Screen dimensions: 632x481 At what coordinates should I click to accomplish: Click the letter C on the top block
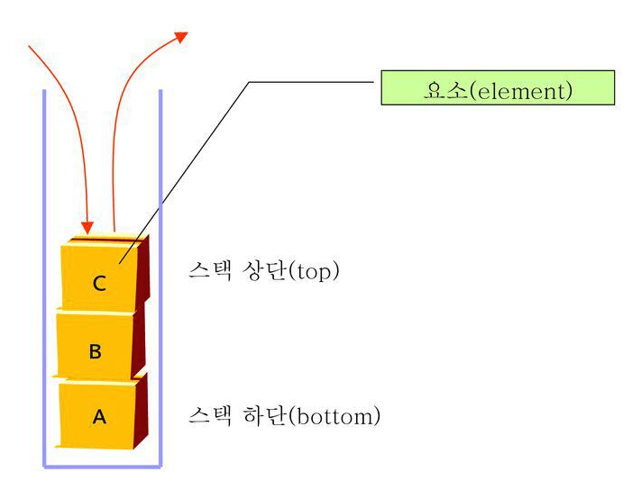pyautogui.click(x=99, y=284)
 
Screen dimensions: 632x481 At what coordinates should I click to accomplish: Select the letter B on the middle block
pyautogui.click(x=95, y=351)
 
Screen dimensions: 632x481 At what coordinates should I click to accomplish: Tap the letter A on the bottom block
pyautogui.click(x=99, y=417)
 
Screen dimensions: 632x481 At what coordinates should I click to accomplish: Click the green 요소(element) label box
pyautogui.click(x=498, y=89)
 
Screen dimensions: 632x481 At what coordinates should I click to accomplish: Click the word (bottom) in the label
pyautogui.click(x=336, y=417)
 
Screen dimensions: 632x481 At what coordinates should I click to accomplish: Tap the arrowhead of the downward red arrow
pyautogui.click(x=87, y=224)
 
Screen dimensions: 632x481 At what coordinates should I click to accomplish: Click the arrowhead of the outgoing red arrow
pyautogui.click(x=181, y=37)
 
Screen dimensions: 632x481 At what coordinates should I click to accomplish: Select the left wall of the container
pyautogui.click(x=44, y=270)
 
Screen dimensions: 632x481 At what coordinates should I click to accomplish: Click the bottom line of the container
pyautogui.click(x=102, y=466)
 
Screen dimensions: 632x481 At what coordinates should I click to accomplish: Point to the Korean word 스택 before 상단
pyautogui.click(x=209, y=271)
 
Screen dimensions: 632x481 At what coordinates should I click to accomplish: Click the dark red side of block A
pyautogui.click(x=141, y=414)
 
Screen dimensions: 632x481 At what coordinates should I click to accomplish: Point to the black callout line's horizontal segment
pyautogui.click(x=311, y=82)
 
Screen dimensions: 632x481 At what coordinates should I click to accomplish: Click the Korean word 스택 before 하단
pyautogui.click(x=209, y=417)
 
